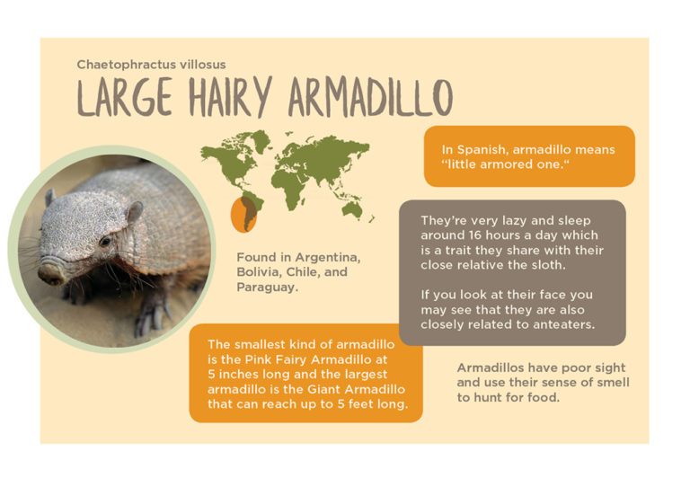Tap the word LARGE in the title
(x=125, y=97)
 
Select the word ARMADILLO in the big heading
(x=370, y=97)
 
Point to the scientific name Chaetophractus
(x=125, y=65)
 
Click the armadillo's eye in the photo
(x=105, y=241)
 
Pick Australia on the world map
(x=352, y=209)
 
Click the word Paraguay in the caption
(x=267, y=288)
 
